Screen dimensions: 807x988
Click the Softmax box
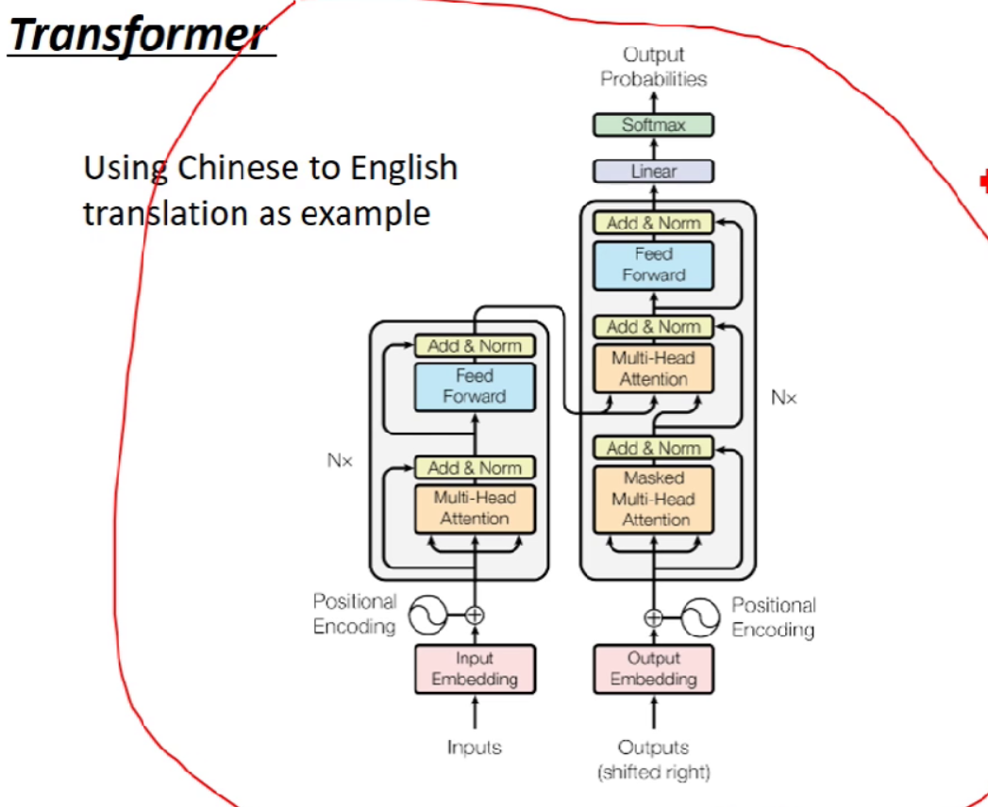pyautogui.click(x=653, y=124)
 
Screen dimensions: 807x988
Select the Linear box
pyautogui.click(x=653, y=172)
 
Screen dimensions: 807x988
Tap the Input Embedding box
pyautogui.click(x=475, y=668)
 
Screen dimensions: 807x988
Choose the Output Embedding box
pyautogui.click(x=653, y=668)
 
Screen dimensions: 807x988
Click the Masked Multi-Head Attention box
pyautogui.click(x=653, y=499)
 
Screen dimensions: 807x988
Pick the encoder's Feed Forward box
pyautogui.click(x=475, y=387)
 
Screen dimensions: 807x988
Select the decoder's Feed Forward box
pyautogui.click(x=653, y=265)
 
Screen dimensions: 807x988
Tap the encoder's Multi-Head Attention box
pyautogui.click(x=475, y=507)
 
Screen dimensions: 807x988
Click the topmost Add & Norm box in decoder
pyautogui.click(x=653, y=223)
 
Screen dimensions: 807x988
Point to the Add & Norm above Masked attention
pyautogui.click(x=653, y=448)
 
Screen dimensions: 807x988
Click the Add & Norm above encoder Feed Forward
pyautogui.click(x=475, y=346)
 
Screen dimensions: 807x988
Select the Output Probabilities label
pyautogui.click(x=653, y=67)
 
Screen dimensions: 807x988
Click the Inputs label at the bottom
pyautogui.click(x=475, y=748)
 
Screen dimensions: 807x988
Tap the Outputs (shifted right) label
pyautogui.click(x=653, y=759)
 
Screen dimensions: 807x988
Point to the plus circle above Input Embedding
pyautogui.click(x=475, y=616)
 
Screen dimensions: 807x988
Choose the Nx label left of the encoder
pyautogui.click(x=340, y=462)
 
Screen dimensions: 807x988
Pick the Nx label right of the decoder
pyautogui.click(x=783, y=398)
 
